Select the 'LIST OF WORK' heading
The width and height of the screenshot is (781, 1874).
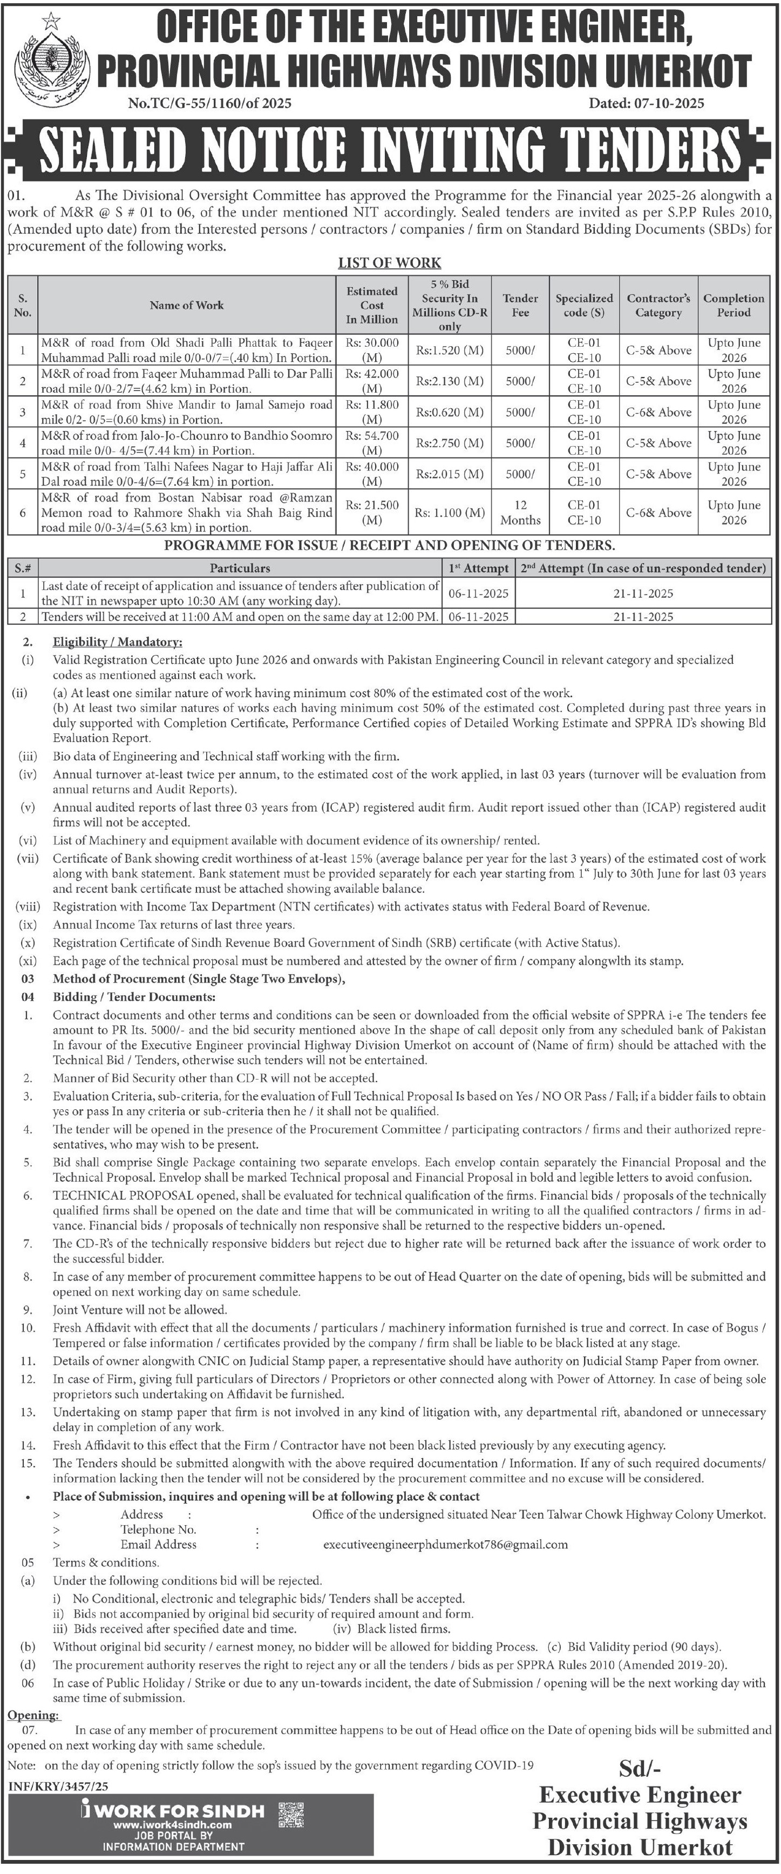390,262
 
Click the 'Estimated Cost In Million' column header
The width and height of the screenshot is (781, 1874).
371,305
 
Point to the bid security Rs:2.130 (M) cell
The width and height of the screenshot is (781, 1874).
450,381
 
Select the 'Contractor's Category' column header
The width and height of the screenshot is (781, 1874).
658,305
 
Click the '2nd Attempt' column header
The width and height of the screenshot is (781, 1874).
643,568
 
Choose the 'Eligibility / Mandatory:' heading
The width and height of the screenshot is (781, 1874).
117,642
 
